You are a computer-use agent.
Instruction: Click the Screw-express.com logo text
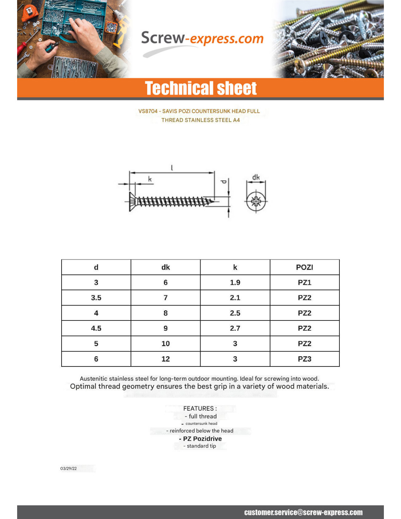202,39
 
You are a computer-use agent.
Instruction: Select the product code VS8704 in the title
148,111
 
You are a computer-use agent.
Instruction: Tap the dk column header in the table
166,267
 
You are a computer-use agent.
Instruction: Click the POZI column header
304,267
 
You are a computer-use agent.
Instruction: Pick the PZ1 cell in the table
304,282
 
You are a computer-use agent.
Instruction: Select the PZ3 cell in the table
304,359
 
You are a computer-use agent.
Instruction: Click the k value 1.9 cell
235,282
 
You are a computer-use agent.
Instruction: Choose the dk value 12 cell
166,359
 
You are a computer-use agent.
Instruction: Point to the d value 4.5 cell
96,328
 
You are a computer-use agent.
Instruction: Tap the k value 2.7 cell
235,328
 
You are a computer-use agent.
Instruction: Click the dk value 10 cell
166,343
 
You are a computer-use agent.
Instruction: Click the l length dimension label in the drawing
172,168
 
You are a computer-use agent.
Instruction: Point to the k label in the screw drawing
150,179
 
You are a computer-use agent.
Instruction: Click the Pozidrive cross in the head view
256,201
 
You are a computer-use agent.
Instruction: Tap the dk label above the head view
256,177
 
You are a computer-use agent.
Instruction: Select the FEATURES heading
200,408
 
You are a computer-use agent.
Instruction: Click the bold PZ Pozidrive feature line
200,439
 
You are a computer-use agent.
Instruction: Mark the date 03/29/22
69,469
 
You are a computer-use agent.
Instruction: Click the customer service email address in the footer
303,512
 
